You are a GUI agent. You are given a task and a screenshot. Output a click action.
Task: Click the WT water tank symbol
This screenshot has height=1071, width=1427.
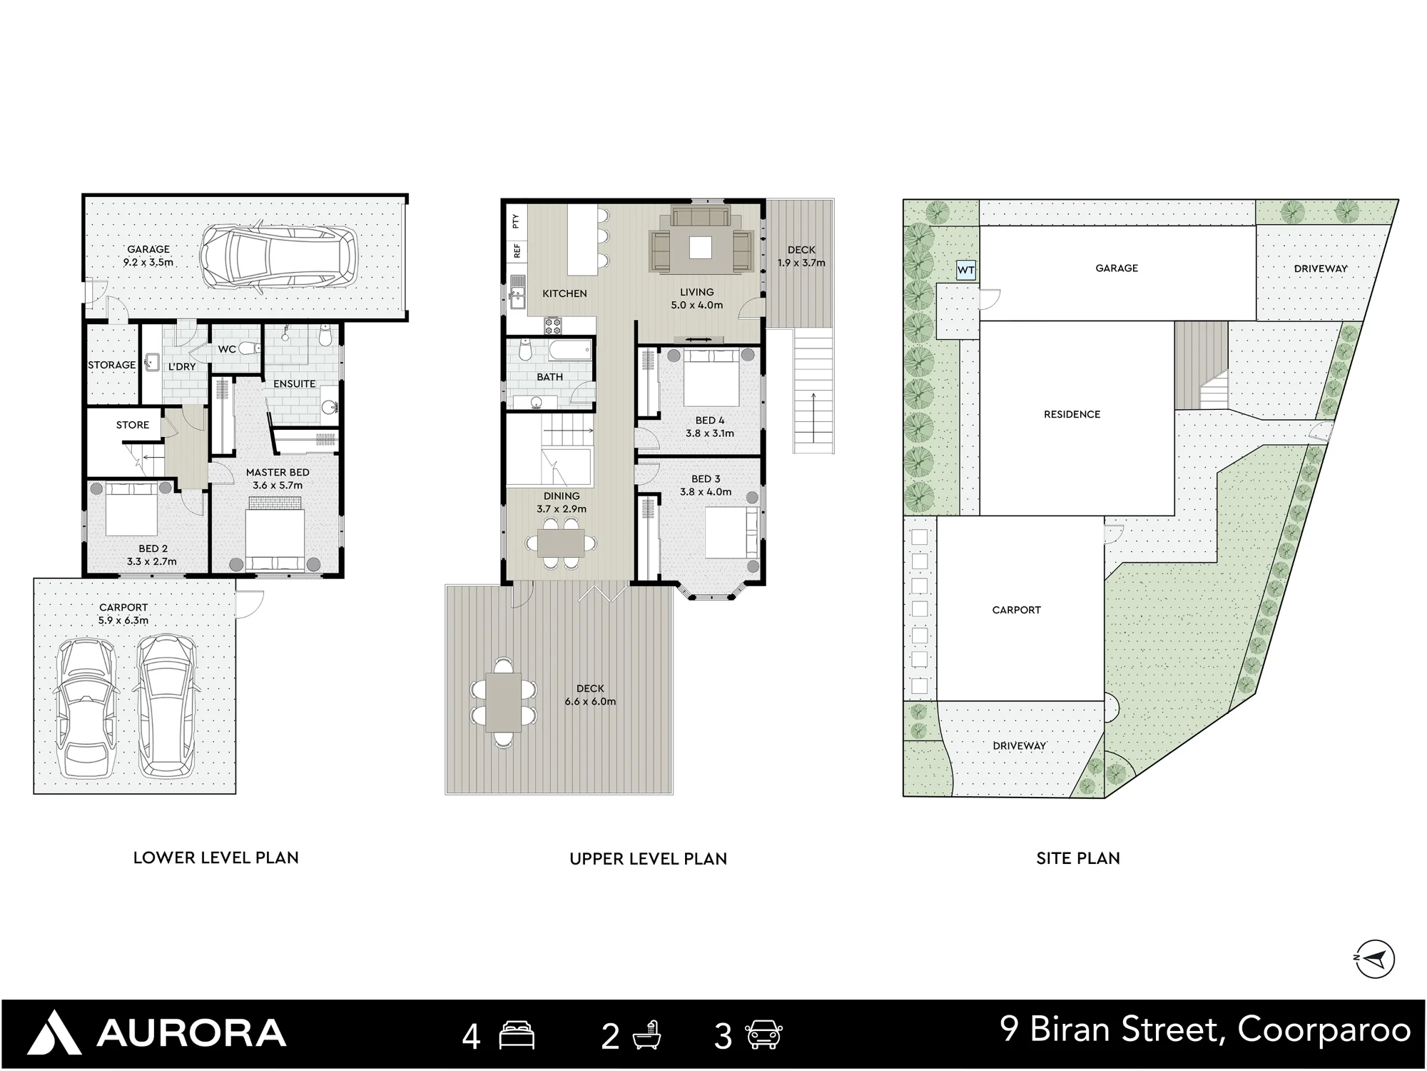966,270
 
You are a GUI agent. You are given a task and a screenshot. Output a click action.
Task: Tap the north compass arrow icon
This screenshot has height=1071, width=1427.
1374,959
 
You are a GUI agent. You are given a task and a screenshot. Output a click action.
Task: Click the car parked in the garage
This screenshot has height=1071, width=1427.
278,257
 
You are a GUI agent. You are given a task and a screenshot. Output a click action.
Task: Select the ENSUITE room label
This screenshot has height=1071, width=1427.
294,383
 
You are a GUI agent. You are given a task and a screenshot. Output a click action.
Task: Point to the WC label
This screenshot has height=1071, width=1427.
227,349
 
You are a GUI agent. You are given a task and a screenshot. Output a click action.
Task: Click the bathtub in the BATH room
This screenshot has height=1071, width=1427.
571,351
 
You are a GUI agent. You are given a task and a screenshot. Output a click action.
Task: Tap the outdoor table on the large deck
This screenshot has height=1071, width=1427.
504,703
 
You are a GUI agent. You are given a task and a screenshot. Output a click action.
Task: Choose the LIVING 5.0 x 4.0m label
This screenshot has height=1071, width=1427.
697,298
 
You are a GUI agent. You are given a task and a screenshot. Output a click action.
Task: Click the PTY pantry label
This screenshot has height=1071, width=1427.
516,221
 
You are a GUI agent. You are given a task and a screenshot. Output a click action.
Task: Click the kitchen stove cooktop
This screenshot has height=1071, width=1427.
553,326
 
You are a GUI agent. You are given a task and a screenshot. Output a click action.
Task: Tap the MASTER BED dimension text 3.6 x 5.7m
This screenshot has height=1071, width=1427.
278,485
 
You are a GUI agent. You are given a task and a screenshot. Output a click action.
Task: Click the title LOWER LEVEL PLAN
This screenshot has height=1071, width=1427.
216,858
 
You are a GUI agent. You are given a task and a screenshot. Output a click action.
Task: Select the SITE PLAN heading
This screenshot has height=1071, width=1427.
1078,858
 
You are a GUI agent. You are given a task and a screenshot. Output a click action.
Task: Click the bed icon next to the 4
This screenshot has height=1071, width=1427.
517,1035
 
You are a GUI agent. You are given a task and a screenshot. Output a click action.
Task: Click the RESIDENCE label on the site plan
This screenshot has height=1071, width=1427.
1072,414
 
